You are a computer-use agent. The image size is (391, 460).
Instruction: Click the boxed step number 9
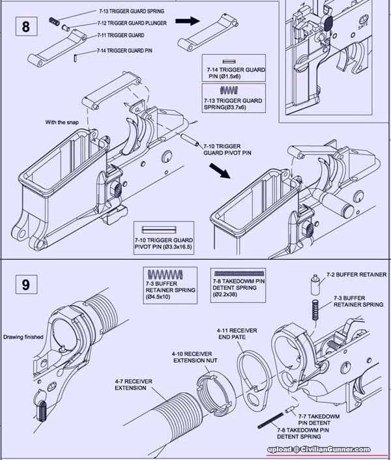[25, 285]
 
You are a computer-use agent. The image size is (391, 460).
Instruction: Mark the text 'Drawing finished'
[23, 337]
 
